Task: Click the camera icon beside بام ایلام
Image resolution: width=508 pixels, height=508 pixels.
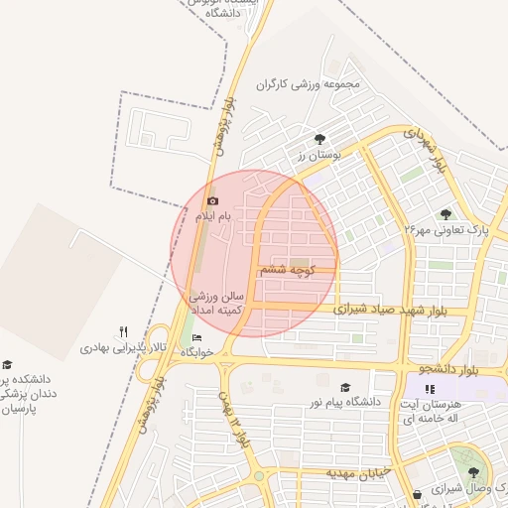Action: click(212, 201)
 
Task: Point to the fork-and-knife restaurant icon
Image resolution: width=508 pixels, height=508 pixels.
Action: click(123, 332)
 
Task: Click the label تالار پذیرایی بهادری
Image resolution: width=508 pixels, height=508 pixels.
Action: click(120, 348)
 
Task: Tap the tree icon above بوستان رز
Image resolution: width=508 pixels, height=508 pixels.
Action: click(319, 140)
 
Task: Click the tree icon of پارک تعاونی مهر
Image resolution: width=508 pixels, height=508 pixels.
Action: click(445, 214)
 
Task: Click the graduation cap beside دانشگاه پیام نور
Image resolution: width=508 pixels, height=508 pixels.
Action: click(345, 387)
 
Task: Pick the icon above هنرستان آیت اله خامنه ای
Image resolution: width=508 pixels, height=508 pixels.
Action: click(430, 390)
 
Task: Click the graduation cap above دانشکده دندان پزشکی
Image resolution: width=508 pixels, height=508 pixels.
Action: click(8, 364)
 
